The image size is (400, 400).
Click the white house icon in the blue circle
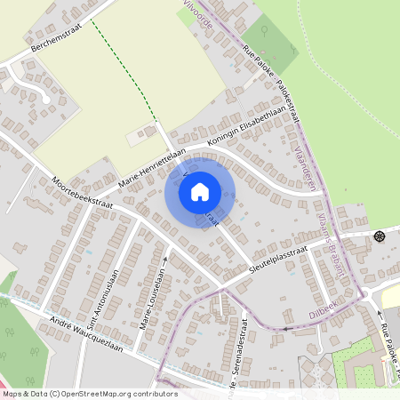click(200, 191)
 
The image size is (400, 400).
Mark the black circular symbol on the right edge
click(380, 236)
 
